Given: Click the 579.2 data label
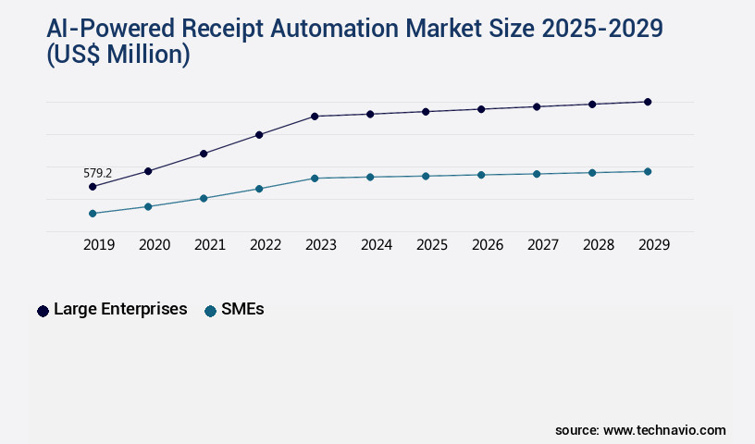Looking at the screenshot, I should tap(97, 173).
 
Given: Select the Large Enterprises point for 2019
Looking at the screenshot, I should tap(93, 187).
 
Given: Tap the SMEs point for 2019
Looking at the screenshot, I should tap(93, 214).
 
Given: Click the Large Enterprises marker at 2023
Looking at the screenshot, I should tap(315, 117).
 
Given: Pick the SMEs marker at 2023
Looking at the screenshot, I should tap(315, 178).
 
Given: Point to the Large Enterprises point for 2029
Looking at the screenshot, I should tap(648, 102).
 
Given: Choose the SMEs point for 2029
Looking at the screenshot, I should tap(648, 171).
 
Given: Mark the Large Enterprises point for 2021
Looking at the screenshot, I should tap(204, 154).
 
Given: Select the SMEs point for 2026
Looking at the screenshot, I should tap(481, 175).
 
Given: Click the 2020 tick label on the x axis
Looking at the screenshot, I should tap(155, 245).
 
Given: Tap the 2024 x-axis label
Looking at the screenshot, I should tap(377, 245).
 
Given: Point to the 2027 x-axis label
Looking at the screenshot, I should tap(543, 245).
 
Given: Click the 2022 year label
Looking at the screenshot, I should tap(266, 245).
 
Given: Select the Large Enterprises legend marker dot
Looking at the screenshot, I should tap(43, 311).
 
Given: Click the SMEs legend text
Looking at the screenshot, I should tap(242, 310).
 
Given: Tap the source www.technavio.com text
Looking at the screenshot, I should tap(640, 430).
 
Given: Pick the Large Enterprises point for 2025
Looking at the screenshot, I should tap(426, 112).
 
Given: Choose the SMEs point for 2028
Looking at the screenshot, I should tap(592, 172).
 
